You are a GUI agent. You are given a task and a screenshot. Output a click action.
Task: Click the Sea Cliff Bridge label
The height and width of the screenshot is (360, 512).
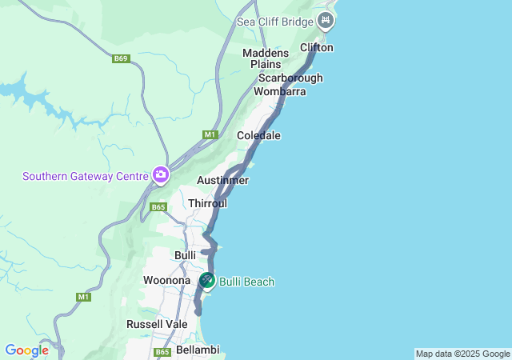275,21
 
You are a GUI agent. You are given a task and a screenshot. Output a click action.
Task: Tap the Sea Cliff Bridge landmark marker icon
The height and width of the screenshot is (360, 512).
326,21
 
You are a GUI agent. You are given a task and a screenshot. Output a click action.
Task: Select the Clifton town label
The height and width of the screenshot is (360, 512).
316,48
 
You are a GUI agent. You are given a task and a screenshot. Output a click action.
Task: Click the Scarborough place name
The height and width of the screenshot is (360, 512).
290,78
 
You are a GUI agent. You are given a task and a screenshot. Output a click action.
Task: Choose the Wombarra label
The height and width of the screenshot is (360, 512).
279,92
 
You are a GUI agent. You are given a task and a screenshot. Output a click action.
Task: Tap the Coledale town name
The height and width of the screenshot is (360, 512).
258,136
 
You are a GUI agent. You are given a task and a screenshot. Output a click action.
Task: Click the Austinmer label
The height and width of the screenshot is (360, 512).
222,181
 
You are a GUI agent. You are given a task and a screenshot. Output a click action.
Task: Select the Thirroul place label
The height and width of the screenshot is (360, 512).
208,204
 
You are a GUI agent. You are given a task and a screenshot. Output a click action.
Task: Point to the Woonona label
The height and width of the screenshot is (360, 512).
166,281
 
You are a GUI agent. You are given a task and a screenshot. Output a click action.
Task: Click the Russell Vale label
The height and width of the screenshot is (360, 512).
157,325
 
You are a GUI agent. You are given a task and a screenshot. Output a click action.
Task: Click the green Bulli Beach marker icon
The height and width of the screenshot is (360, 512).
207,281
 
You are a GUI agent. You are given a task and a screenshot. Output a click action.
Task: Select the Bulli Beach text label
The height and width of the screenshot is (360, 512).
247,282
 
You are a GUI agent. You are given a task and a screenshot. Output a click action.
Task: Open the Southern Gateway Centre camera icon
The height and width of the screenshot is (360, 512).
161,174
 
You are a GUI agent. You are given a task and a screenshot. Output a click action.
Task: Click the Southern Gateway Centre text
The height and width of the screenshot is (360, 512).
86,176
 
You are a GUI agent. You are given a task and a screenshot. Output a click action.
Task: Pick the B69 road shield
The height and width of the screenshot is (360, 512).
121,58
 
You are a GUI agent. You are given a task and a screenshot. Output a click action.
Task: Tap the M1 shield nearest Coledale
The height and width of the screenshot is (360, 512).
210,134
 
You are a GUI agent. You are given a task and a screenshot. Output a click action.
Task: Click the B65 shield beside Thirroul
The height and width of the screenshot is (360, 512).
158,207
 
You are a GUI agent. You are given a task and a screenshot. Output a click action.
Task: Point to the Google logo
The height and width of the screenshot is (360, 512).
26,350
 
